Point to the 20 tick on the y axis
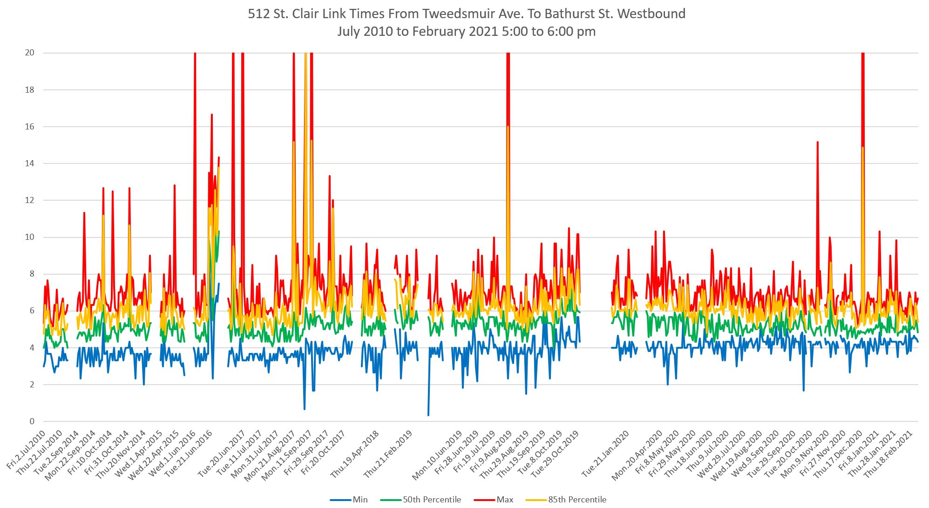click(30, 53)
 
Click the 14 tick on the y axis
click(30, 163)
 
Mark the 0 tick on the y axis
click(32, 421)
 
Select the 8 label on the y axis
click(32, 274)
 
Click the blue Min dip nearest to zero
click(428, 414)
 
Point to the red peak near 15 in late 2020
click(818, 142)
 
